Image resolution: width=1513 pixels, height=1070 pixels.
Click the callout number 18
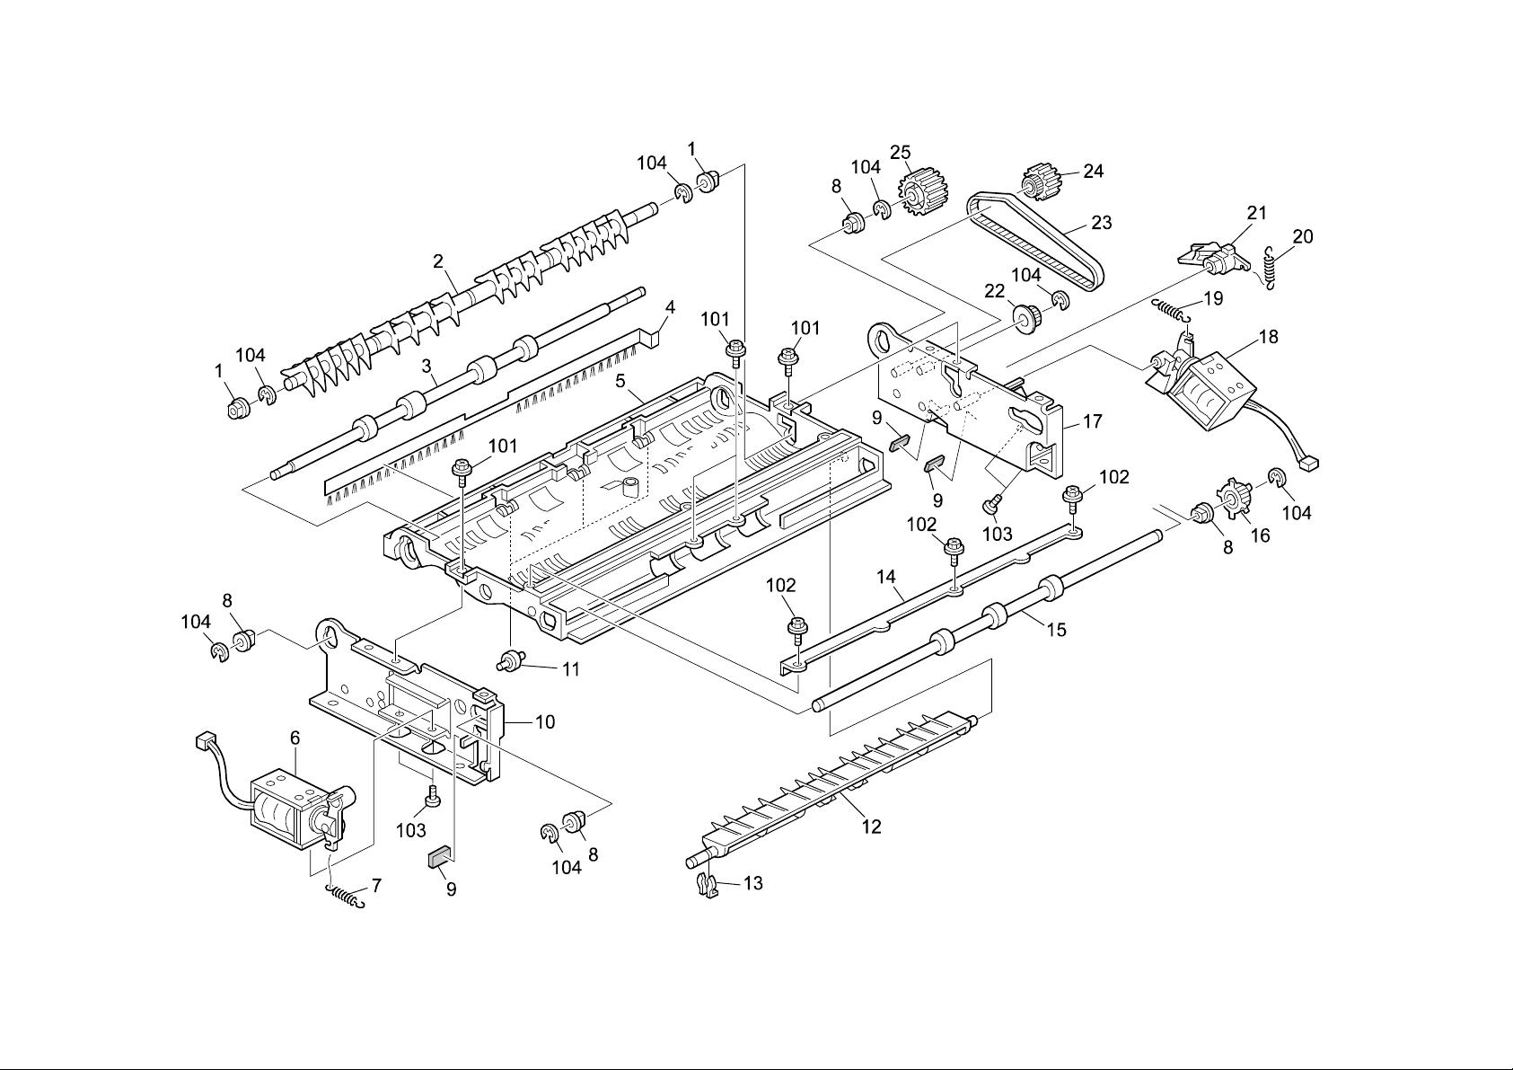1268,337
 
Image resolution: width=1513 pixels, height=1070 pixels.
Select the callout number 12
871,826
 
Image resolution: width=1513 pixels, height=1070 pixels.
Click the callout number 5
620,381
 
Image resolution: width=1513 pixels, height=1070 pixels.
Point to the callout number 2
438,261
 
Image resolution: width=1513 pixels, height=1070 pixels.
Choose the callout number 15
1056,630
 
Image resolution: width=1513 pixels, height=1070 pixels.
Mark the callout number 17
1092,420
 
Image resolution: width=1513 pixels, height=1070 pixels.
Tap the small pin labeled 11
512,663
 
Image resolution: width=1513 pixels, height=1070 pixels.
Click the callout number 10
544,721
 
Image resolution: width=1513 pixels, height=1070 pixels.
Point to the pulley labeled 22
1023,317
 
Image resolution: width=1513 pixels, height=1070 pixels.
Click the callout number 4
669,307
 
